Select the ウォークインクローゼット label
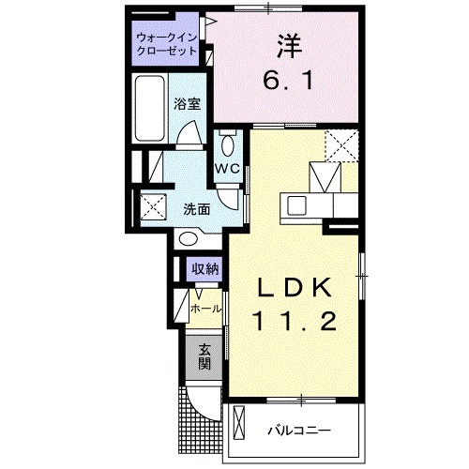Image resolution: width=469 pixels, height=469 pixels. (165, 44)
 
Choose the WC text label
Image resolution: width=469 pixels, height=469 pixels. (229, 169)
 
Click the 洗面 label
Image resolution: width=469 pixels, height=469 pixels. (195, 208)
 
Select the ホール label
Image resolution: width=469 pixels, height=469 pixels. (205, 309)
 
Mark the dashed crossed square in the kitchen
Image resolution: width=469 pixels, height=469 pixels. (341, 146)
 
